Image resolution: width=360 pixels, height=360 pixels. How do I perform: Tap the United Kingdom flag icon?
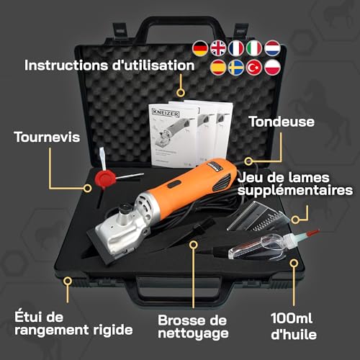pyautogui.click(x=217, y=48)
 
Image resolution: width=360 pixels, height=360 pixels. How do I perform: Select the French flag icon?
pyautogui.click(x=235, y=48)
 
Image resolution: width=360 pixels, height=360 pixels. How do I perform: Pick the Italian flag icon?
pyautogui.click(x=253, y=48)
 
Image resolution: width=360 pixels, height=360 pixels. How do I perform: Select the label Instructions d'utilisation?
pyautogui.click(x=109, y=65)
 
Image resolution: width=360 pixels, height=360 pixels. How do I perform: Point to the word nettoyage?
pyautogui.click(x=193, y=333)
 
